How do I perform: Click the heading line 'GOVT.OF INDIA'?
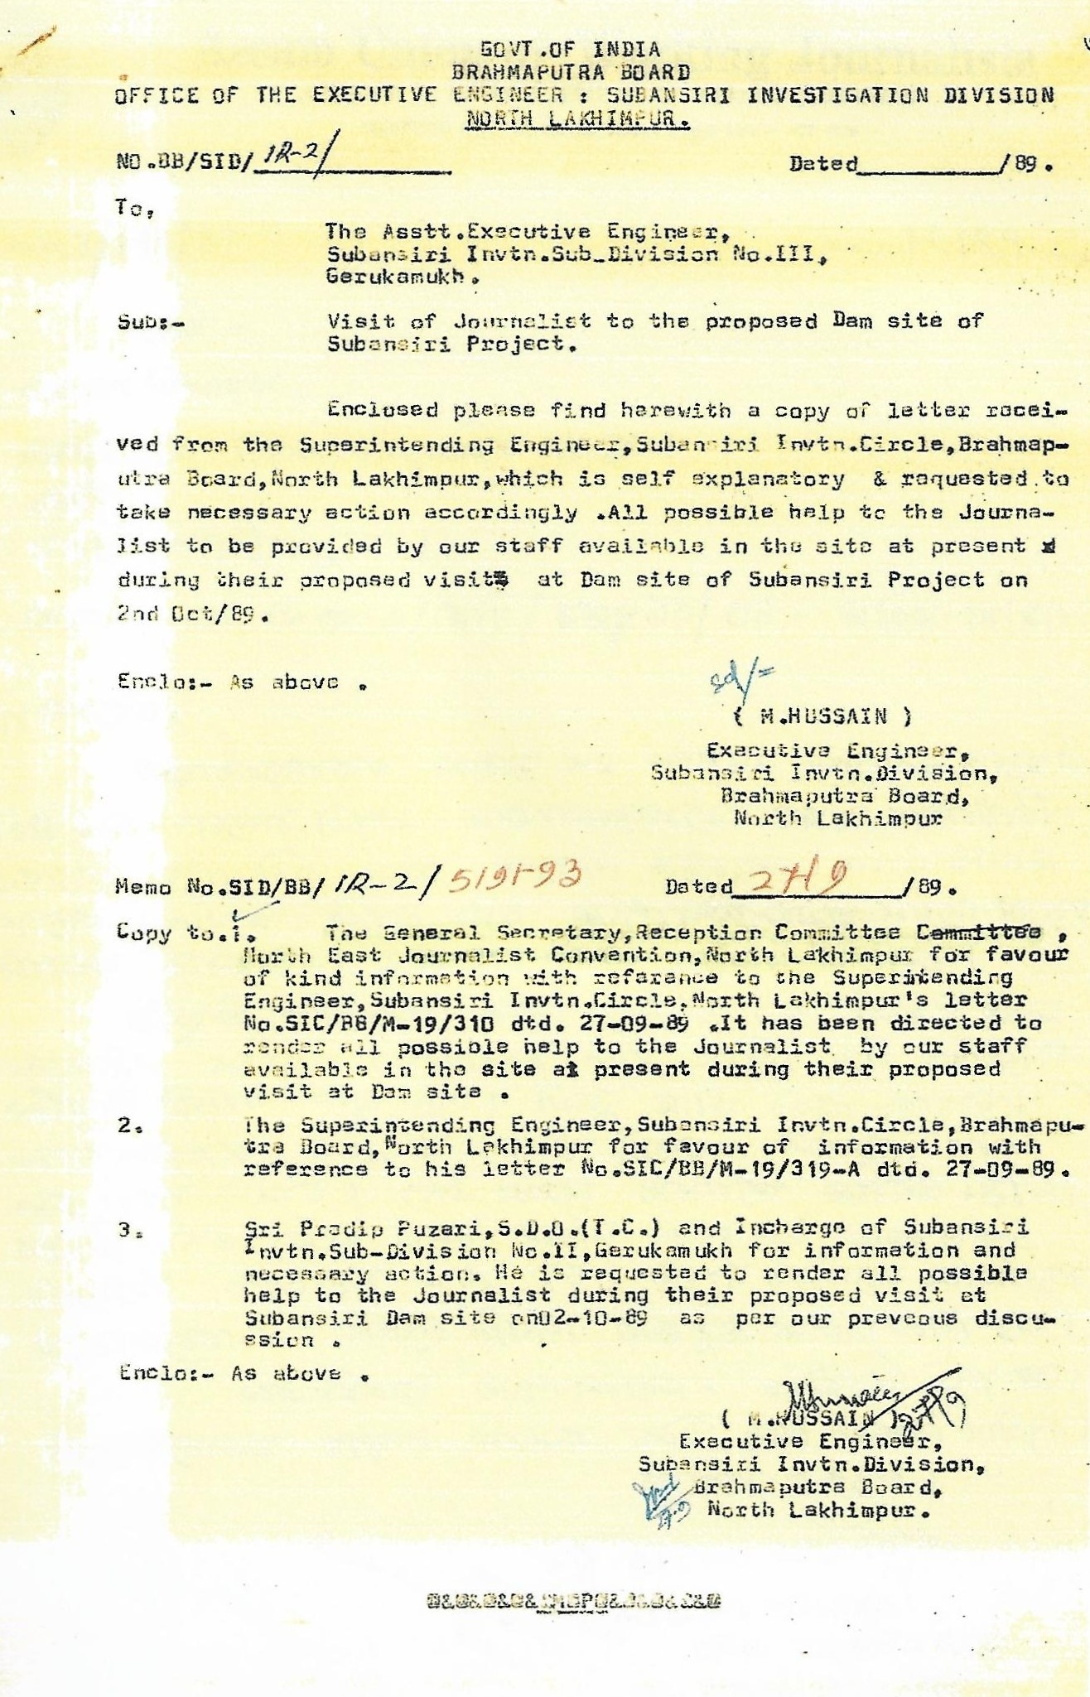571,50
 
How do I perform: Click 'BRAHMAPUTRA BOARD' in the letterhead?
571,72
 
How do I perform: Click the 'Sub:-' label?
150,321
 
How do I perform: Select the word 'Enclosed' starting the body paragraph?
382,409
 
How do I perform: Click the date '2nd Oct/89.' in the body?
193,615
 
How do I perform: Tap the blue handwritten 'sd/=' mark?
740,681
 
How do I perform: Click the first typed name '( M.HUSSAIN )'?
823,716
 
